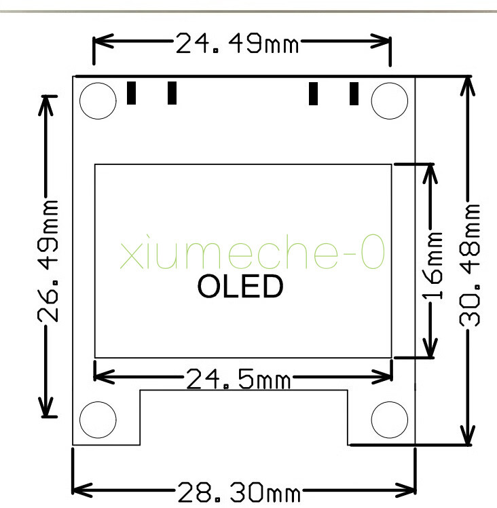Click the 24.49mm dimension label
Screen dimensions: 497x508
[x=237, y=43]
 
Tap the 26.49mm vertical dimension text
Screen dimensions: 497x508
[x=48, y=261]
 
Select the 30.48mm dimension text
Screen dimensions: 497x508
[x=469, y=265]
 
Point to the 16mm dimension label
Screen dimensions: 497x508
[x=432, y=266]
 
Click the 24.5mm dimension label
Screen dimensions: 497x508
[x=238, y=379]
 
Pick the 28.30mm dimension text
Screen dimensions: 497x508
[x=239, y=492]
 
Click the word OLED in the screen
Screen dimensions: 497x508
[x=240, y=286]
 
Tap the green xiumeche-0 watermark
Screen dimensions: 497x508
[x=253, y=251]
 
